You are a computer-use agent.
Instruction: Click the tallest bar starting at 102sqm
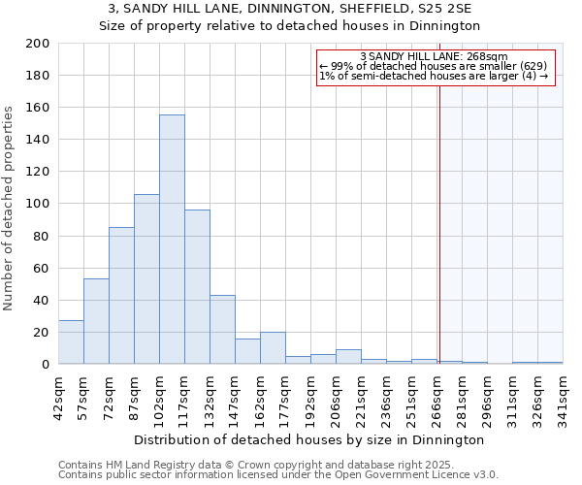click(x=172, y=240)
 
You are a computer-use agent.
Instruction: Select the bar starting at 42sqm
click(x=71, y=342)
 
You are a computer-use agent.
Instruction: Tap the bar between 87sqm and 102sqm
click(x=146, y=279)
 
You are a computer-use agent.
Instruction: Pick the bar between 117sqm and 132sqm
click(x=197, y=287)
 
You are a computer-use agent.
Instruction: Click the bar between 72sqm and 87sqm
click(x=121, y=296)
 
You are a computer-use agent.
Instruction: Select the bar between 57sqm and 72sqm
click(x=96, y=321)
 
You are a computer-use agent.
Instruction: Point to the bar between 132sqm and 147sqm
click(x=222, y=330)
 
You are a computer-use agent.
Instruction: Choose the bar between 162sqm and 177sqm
click(x=273, y=348)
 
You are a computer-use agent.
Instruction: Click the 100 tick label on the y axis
click(x=38, y=204)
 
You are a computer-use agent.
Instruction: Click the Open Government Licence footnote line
click(x=278, y=475)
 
